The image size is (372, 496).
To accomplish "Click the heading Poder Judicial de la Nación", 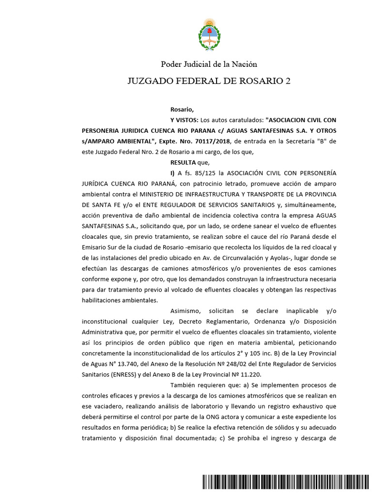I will pos(209,64).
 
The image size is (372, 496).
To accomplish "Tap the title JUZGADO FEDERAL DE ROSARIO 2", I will pos(209,80).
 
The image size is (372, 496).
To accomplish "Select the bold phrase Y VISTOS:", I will pos(184,119).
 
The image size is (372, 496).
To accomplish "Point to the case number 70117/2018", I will pos(214,141).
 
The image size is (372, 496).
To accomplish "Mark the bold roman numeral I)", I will pos(172,173).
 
